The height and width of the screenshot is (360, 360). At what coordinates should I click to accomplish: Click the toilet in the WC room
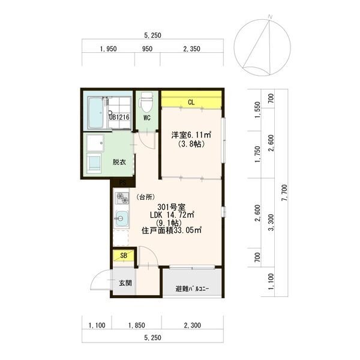pos(146,102)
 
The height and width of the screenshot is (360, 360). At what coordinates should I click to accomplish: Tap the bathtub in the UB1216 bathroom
pos(96,113)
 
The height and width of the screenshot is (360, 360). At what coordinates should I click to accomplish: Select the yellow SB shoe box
pos(123,256)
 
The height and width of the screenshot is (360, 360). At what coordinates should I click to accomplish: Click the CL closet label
pos(191,102)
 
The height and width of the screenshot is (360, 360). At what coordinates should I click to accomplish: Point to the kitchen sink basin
pos(122,218)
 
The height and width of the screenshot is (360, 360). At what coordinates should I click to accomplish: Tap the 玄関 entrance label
pos(125,283)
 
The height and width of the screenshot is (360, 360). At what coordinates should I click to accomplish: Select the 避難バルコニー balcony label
pos(192,289)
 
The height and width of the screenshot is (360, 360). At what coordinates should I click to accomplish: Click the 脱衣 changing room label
pos(119,162)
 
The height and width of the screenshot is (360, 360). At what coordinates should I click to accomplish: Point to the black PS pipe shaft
pos(123,183)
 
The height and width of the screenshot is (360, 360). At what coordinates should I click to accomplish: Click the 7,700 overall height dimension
pos(284,193)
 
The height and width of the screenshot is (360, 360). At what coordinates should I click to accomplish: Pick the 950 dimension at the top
pos(147,49)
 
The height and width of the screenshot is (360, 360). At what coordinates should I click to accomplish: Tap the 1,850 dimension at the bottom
pos(136,325)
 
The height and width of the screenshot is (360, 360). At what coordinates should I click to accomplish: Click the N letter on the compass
pos(270,17)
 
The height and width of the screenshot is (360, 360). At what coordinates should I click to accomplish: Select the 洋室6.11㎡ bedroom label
pos(191,134)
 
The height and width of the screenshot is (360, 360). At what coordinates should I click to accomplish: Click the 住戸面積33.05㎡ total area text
pos(172,230)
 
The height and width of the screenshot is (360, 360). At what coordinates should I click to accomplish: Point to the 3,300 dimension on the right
pos(271,222)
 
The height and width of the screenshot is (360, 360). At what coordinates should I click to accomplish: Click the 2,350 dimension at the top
pos(192,49)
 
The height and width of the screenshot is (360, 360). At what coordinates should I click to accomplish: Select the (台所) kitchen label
pos(145,197)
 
